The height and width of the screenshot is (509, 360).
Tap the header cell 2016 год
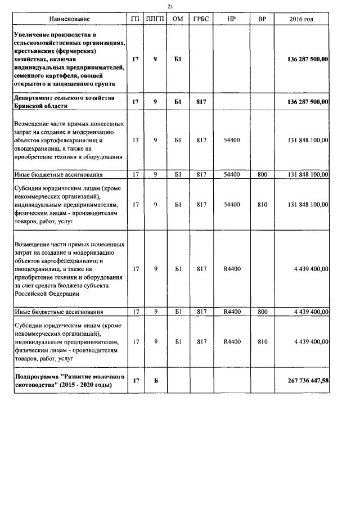[301, 19]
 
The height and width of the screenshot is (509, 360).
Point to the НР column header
[231, 19]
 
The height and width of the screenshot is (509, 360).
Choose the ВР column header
[262, 19]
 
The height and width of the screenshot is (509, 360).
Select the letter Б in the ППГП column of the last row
[155, 381]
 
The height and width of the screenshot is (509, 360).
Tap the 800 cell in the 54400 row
[262, 175]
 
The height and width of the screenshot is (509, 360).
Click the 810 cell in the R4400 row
[262, 341]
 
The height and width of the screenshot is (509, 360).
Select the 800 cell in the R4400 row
[262, 311]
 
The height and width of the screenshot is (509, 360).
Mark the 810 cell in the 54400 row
[262, 205]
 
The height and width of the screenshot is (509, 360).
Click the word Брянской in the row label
[31, 106]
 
